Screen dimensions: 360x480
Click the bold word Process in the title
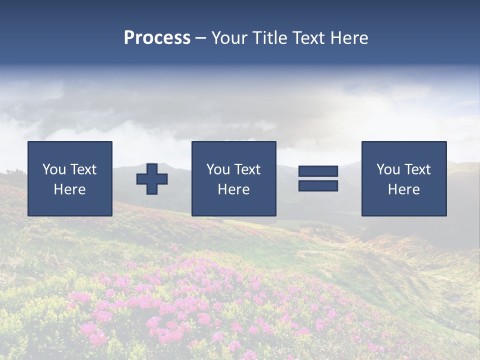click(x=157, y=38)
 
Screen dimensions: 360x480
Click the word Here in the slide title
click(x=349, y=38)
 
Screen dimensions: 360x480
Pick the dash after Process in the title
click(x=201, y=38)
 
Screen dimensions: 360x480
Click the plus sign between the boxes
click(x=152, y=179)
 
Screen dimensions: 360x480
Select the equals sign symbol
click(x=318, y=178)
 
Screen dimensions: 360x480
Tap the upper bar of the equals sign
click(x=318, y=171)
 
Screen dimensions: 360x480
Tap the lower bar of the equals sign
click(x=318, y=186)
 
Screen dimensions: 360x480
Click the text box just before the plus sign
click(x=70, y=178)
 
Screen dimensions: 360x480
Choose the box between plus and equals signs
click(x=233, y=178)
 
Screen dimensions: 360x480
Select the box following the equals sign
click(x=404, y=178)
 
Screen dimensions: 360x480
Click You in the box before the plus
click(x=54, y=169)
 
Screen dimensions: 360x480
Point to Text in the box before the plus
click(x=83, y=169)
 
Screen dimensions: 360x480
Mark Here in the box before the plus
click(x=70, y=189)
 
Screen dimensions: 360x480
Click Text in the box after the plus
click(x=247, y=169)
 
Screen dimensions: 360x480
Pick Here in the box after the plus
click(x=233, y=189)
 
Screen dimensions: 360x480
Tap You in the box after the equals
click(x=388, y=169)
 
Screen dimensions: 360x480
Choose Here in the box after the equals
click(x=404, y=189)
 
